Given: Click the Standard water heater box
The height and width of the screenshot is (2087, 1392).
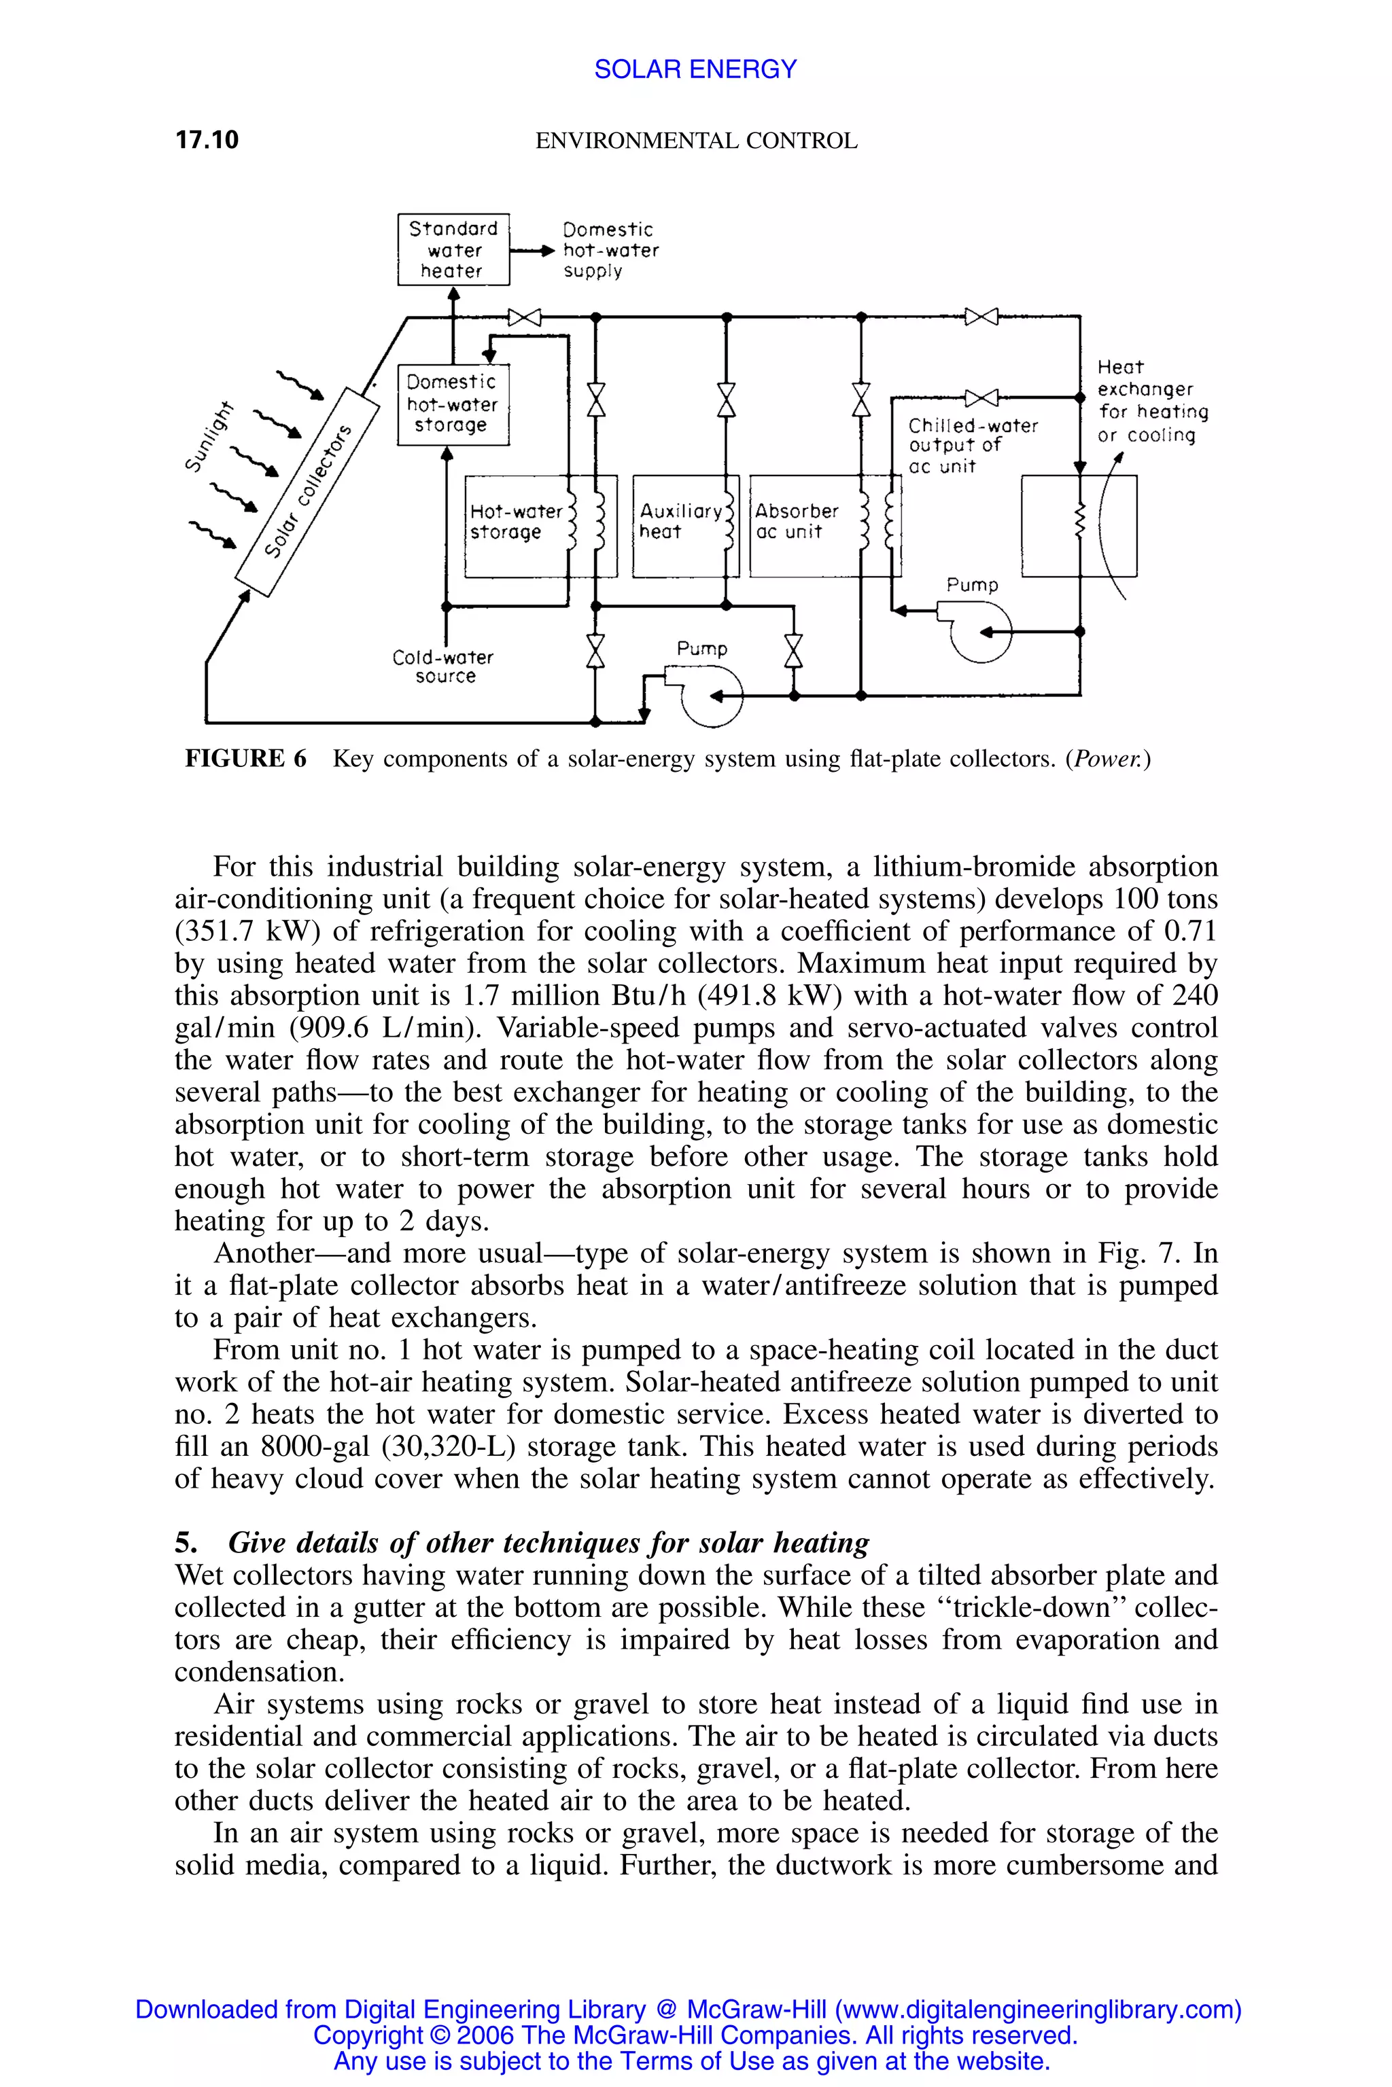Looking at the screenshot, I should pyautogui.click(x=453, y=249).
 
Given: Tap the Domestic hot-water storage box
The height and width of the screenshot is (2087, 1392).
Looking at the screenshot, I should pyautogui.click(x=453, y=404).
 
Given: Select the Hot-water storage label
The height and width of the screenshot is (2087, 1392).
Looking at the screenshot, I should pyautogui.click(x=515, y=522).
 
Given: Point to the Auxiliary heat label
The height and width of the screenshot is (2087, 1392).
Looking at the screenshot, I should pyautogui.click(x=680, y=522).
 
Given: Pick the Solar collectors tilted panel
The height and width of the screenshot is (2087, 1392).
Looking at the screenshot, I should pyautogui.click(x=307, y=492).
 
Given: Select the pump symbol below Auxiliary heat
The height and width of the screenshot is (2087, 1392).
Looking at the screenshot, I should pyautogui.click(x=711, y=696).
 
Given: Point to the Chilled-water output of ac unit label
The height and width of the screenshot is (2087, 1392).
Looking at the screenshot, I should pyautogui.click(x=972, y=446).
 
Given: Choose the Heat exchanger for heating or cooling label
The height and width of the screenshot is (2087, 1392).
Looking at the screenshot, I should pyautogui.click(x=1151, y=401).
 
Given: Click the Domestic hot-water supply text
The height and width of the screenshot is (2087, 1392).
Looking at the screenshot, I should pyautogui.click(x=610, y=250).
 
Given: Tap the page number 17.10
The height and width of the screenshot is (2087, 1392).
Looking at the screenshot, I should pyautogui.click(x=207, y=140).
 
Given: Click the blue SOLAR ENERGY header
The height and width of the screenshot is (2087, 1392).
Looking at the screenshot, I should pyautogui.click(x=695, y=69).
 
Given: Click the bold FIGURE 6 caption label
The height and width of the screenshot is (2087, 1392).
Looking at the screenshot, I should pyautogui.click(x=245, y=759).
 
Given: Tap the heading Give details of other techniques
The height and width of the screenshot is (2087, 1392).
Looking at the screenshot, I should pyautogui.click(x=549, y=1542).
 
